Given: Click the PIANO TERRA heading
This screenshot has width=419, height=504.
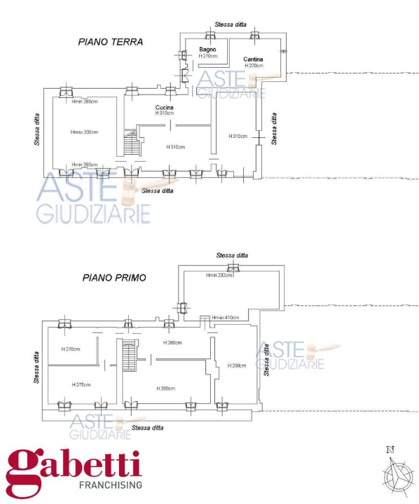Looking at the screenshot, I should pos(110,42).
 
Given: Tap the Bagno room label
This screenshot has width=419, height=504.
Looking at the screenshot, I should pos(207,49).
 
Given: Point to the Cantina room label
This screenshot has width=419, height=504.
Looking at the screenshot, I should pos(253,59).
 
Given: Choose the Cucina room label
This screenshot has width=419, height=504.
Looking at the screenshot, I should pos(165,107).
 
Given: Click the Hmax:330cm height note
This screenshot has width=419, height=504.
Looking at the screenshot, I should pos(83,132).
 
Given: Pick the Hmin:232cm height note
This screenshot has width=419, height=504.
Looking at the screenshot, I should pos(219,275).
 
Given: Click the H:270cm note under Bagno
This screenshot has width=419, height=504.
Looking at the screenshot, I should pos(207,55).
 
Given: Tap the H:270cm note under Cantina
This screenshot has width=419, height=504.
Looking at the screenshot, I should pos(253,65).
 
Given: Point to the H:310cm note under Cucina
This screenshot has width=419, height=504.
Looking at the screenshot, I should pos(165,113).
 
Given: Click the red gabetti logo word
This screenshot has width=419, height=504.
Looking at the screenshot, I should pos(74,465).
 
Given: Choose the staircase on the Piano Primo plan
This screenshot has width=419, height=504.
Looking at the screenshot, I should pos(128,357).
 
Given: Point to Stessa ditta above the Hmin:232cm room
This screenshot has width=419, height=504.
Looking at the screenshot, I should pos(232,255).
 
